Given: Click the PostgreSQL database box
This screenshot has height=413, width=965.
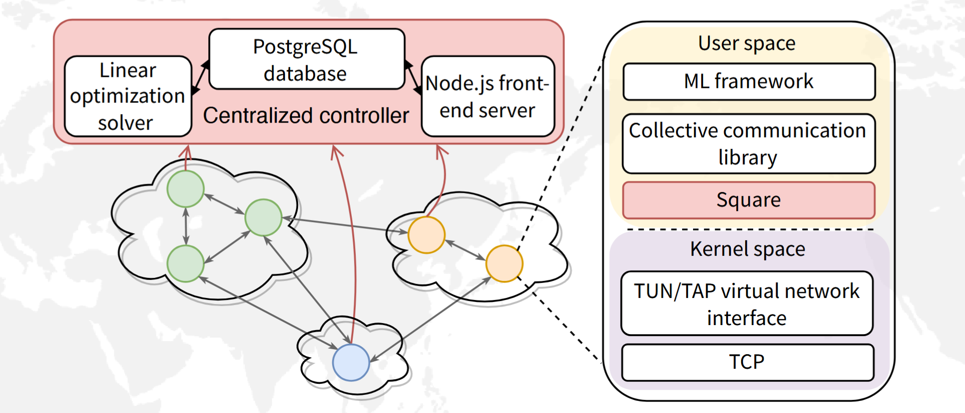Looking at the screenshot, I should point(306,59).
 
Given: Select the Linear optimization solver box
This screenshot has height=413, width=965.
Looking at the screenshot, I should point(128,96).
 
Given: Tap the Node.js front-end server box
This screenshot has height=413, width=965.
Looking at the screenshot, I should point(488,96).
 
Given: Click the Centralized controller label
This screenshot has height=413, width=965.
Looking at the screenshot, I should point(306,116).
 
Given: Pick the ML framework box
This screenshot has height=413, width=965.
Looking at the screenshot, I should point(749,81).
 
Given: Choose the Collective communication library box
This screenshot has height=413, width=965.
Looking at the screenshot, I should point(749,144).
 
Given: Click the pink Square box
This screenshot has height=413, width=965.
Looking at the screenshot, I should point(749,200).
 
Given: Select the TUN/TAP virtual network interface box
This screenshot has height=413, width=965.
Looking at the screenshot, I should point(747,303).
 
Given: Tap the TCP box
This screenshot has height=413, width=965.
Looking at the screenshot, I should point(747,362).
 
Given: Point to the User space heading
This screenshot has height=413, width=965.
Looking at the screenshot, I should point(747,43).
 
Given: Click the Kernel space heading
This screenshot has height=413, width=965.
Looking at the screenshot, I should point(747,249).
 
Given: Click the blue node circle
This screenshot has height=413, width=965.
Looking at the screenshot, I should point(351,362).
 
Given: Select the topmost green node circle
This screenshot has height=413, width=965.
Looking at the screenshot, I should point(186,189).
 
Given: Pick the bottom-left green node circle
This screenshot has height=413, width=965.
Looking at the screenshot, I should point(186,263).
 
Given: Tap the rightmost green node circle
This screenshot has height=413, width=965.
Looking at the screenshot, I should point(263,218).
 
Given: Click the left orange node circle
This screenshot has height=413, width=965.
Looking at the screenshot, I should point(427,235).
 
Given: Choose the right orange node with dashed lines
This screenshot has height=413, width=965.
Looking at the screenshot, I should point(504,263).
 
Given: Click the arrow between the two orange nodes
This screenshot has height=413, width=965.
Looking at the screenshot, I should point(465,250).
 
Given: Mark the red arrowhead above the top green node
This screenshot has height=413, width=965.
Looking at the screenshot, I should point(186,150).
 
